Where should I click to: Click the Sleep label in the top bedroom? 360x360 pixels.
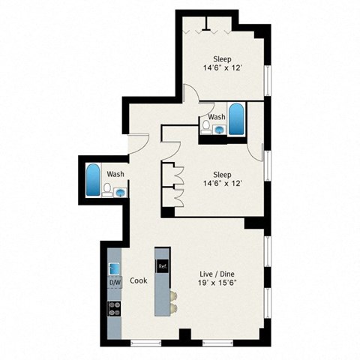tap(221, 59)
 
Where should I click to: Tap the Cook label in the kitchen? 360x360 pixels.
tap(138, 280)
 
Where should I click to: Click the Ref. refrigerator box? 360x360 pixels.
tap(161, 265)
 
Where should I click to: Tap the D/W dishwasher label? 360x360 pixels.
tap(115, 283)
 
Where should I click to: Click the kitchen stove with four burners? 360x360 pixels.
tap(115, 307)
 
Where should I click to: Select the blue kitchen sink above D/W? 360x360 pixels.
tap(115, 268)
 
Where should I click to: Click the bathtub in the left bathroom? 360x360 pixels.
tap(93, 179)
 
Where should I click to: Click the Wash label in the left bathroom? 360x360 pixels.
tap(115, 174)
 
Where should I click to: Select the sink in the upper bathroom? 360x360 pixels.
tap(218, 129)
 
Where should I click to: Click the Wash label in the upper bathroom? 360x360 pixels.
tap(217, 117)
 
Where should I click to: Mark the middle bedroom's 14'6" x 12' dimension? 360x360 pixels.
tap(221, 181)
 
